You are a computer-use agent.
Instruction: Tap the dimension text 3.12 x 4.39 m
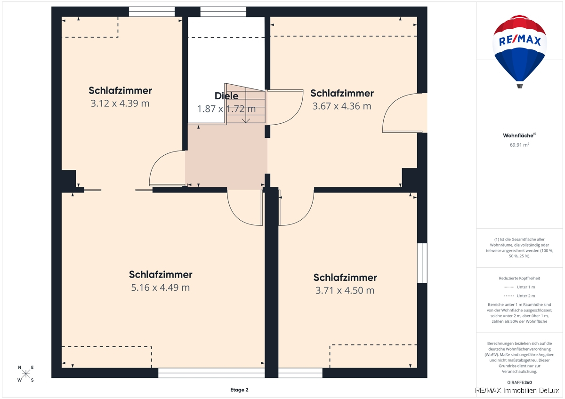pos(120,104)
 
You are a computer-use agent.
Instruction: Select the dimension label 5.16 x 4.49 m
pos(161,287)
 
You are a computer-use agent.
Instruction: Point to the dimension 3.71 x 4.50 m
pos(345,290)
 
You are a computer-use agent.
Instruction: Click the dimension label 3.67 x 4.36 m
pos(342,106)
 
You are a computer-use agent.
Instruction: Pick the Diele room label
pos(226,96)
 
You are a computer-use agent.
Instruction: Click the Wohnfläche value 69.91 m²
pos(519,144)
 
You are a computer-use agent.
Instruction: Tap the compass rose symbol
pos(26,374)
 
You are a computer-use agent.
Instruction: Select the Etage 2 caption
pos(239,390)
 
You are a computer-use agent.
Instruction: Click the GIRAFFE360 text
pos(519,383)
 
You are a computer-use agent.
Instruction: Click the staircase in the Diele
pos(245,104)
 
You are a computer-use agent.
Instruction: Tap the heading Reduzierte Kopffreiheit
pos(519,278)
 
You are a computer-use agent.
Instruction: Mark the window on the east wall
pos(422,263)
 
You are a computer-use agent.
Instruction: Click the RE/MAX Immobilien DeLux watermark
pos(517,391)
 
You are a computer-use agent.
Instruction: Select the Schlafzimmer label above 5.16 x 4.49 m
pos(161,274)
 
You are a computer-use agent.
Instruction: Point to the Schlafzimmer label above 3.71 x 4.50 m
pos(345,278)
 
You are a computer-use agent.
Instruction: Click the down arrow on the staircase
pos(246,120)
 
